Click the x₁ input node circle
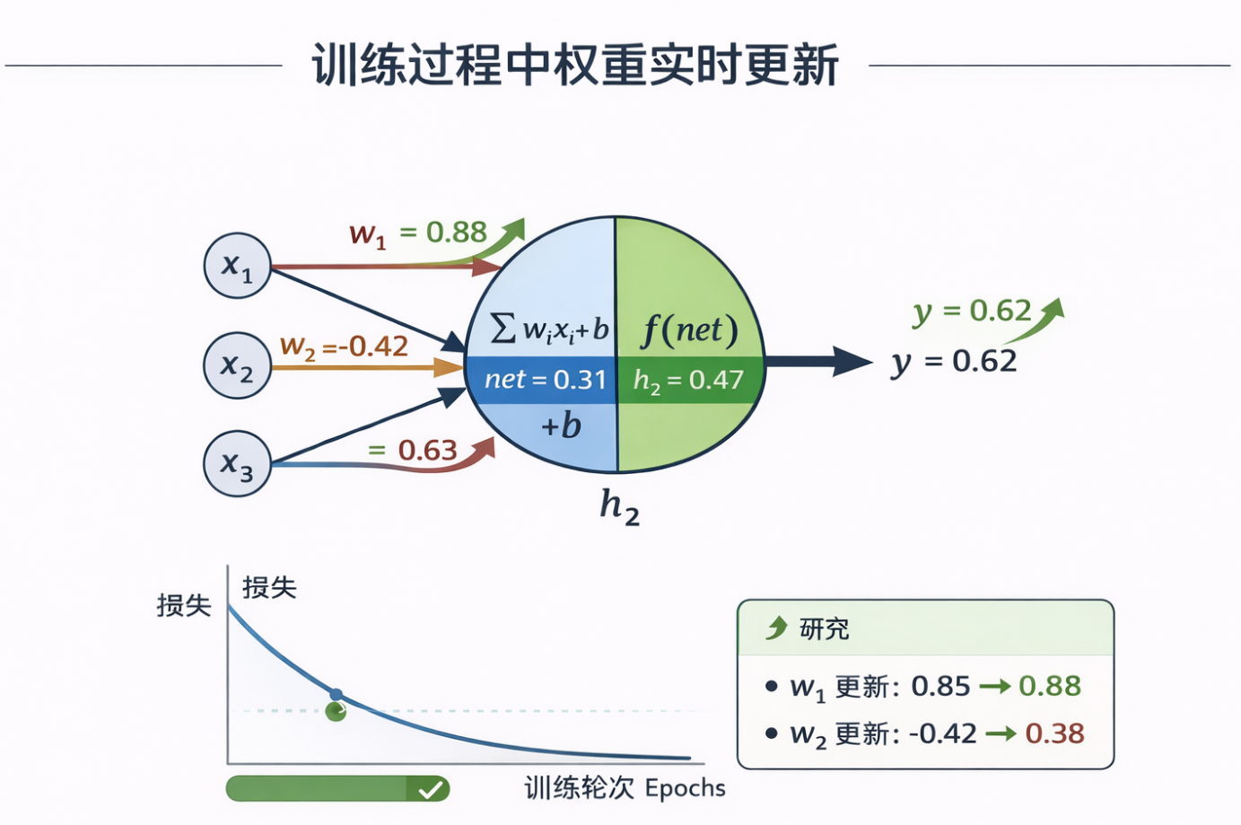[237, 266]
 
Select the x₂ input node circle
[237, 365]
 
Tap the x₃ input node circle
[237, 463]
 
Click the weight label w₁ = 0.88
[418, 233]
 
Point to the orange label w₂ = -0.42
[344, 347]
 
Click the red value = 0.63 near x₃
[414, 450]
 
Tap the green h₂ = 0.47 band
[688, 380]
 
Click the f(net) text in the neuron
[689, 330]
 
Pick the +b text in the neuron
[561, 426]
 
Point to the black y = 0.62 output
[955, 362]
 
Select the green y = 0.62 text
[972, 312]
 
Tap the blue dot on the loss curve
[336, 694]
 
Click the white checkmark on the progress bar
[431, 789]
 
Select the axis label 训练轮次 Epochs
[625, 788]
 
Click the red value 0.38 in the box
[1054, 733]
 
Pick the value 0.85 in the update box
[940, 686]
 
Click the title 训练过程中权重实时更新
[575, 65]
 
